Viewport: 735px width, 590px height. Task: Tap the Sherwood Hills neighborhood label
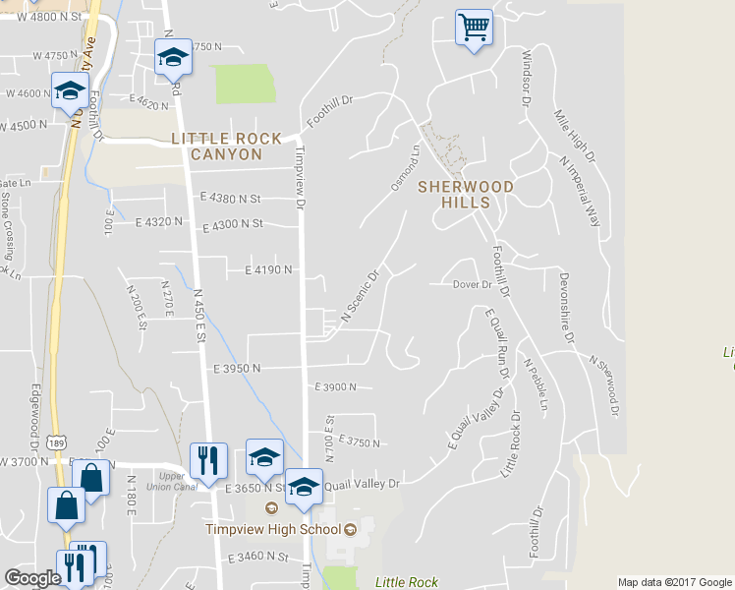click(454, 194)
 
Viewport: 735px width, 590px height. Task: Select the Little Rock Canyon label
click(226, 147)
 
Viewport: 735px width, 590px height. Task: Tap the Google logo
click(32, 578)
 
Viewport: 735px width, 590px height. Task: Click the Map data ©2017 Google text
click(673, 582)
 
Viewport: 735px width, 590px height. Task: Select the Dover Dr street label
click(472, 285)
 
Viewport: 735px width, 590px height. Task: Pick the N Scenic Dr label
click(360, 297)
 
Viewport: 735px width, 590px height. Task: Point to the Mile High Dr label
click(575, 136)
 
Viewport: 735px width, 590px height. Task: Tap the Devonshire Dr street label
click(566, 308)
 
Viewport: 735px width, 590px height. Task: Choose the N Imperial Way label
click(580, 191)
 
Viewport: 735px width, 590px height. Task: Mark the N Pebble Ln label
click(536, 384)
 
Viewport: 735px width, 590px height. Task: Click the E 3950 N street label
click(236, 368)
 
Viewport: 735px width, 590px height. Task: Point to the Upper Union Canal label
click(165, 481)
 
